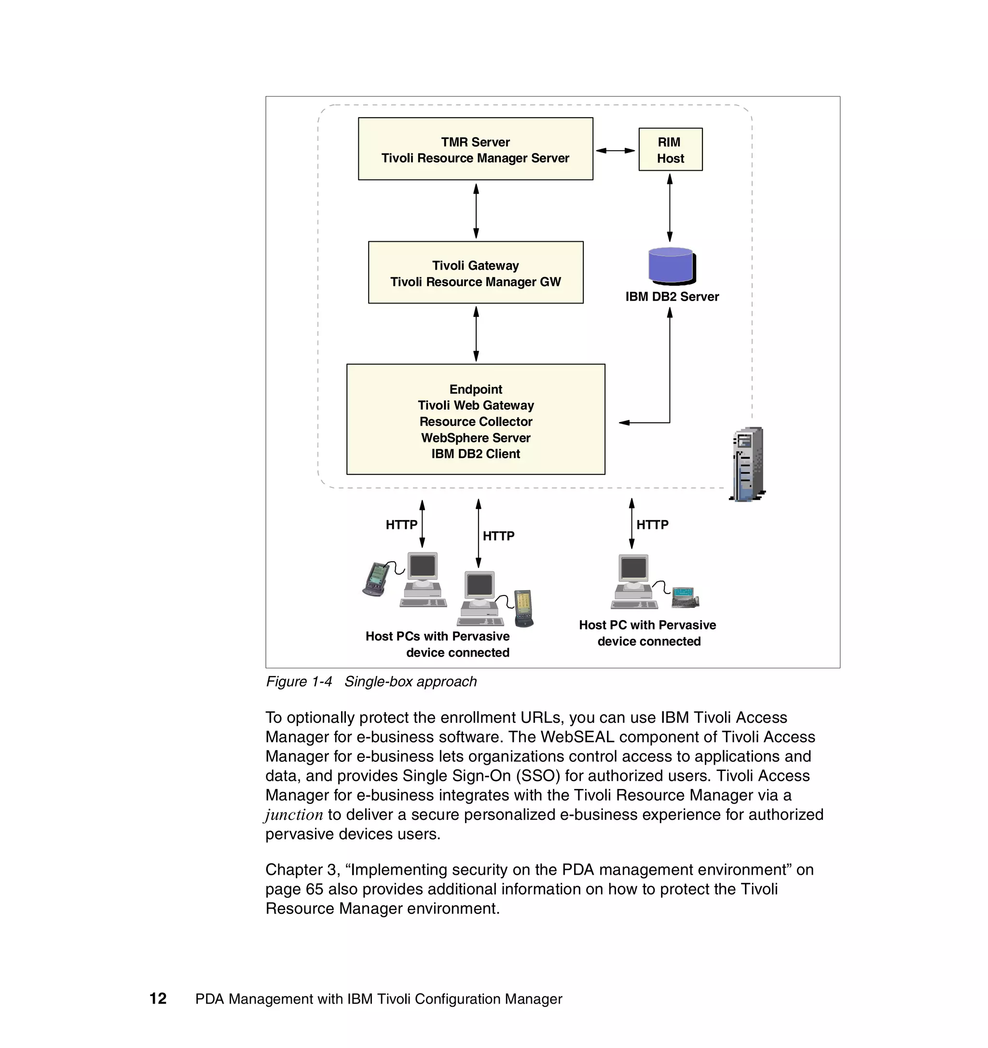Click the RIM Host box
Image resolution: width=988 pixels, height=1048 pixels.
[x=670, y=149]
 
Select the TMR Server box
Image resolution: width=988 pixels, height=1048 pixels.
[x=475, y=149]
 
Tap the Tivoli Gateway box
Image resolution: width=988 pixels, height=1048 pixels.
[x=475, y=273]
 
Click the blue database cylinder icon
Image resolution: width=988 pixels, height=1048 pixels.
[x=671, y=265]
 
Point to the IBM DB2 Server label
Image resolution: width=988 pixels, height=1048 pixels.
[x=672, y=297]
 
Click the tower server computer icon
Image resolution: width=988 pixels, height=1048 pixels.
[x=748, y=464]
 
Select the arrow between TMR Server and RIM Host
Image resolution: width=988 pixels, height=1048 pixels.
[x=615, y=151]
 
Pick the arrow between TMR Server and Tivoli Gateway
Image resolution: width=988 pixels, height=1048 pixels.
[x=476, y=211]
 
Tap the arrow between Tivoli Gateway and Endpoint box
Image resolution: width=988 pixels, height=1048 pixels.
[x=476, y=334]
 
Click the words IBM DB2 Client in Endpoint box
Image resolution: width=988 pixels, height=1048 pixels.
[x=475, y=454]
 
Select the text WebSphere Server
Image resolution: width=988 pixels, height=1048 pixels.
[x=475, y=438]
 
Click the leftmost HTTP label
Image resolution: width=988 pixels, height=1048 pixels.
[x=401, y=525]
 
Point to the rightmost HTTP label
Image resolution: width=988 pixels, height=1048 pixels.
[x=652, y=525]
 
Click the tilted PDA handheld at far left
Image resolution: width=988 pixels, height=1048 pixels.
[x=376, y=579]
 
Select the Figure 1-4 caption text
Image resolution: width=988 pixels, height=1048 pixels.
[x=371, y=682]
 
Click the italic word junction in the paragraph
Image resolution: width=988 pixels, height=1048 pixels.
[x=294, y=815]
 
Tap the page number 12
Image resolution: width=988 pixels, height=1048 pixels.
[x=158, y=998]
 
